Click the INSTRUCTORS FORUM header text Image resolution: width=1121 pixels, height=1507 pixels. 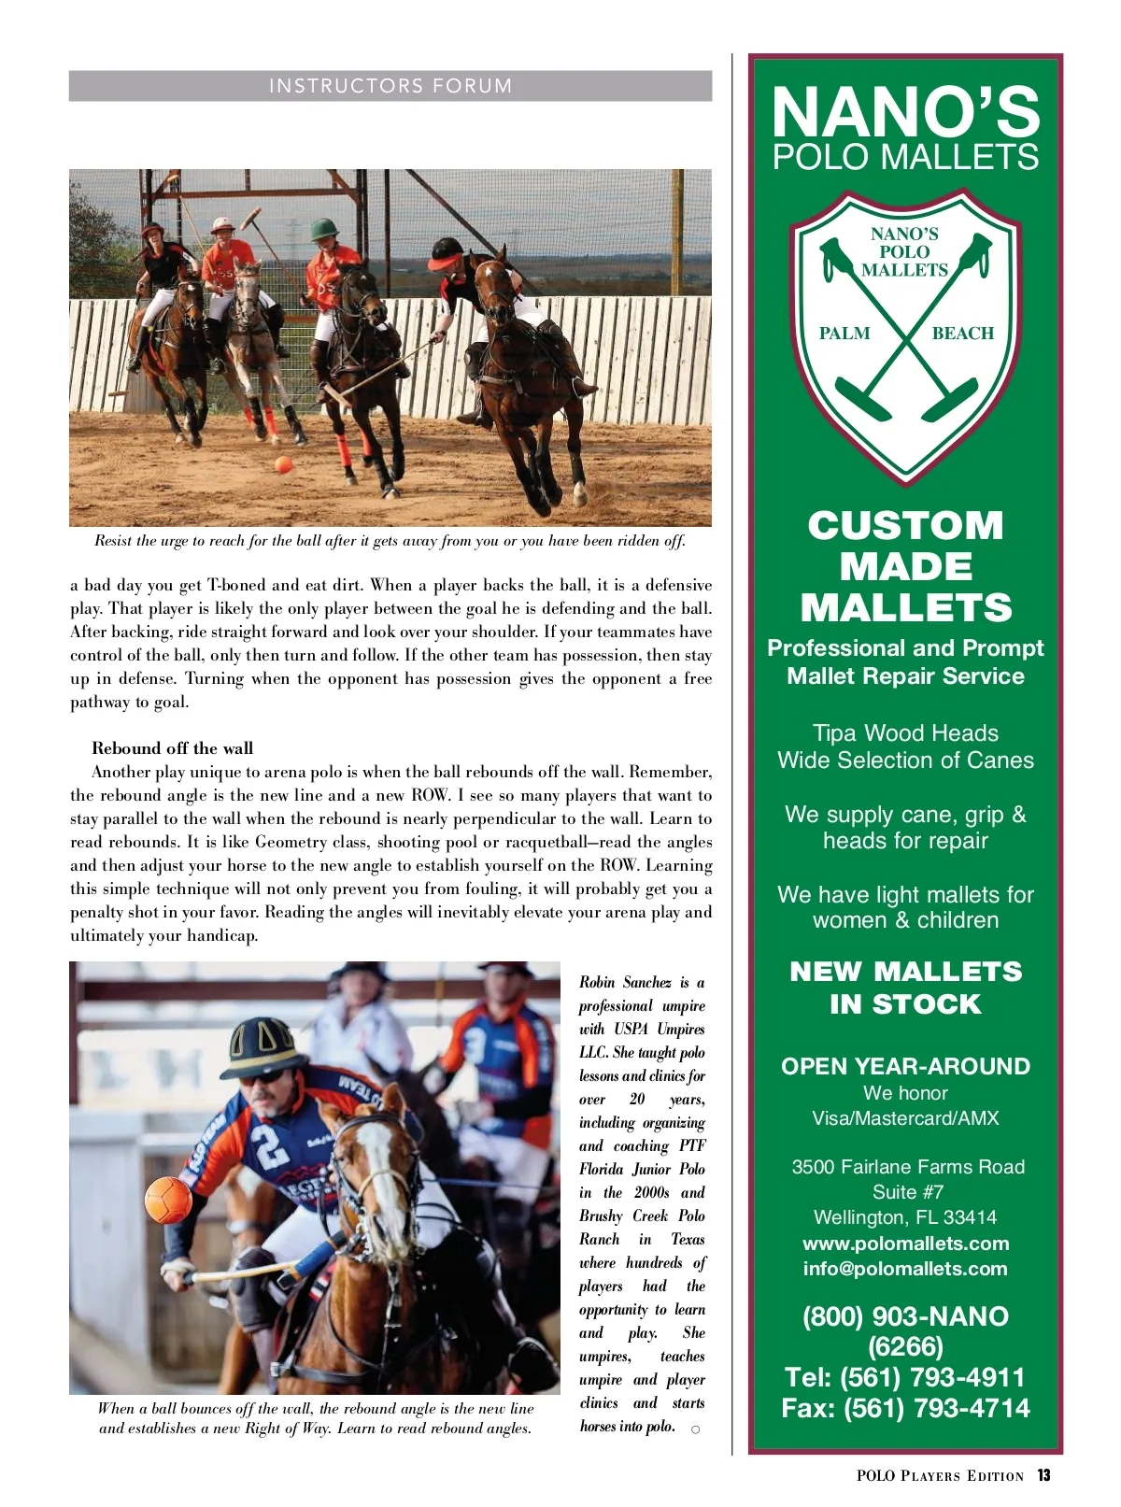390,86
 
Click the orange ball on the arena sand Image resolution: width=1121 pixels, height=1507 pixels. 283,464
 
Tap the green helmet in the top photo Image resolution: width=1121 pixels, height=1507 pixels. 324,229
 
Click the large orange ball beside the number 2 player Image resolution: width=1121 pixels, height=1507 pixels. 169,1200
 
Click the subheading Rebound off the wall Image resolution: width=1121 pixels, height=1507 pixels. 172,747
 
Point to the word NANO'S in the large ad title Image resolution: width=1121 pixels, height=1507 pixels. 905,112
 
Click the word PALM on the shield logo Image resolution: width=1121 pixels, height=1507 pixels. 844,334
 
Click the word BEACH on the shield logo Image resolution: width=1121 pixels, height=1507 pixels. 962,334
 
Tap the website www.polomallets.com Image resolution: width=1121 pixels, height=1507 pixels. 905,1244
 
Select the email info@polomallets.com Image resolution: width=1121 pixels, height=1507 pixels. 905,1269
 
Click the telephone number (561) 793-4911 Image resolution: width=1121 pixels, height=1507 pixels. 905,1377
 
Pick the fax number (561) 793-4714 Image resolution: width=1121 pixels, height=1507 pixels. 905,1408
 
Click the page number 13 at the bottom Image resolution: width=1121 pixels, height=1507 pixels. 1043,1475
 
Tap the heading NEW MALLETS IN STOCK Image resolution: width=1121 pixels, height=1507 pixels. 905,988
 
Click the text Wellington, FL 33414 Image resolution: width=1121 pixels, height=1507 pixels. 905,1217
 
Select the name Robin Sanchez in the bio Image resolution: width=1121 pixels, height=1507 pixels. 625,982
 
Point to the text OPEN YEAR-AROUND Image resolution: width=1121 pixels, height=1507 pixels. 905,1066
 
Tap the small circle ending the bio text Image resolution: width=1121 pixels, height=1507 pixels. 695,1429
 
